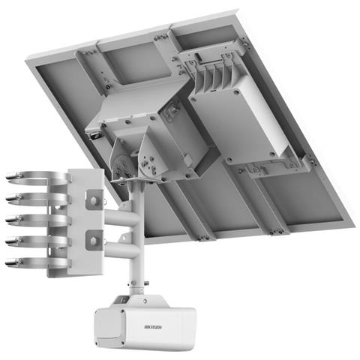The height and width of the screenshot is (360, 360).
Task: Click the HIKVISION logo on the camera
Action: (x=156, y=328)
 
